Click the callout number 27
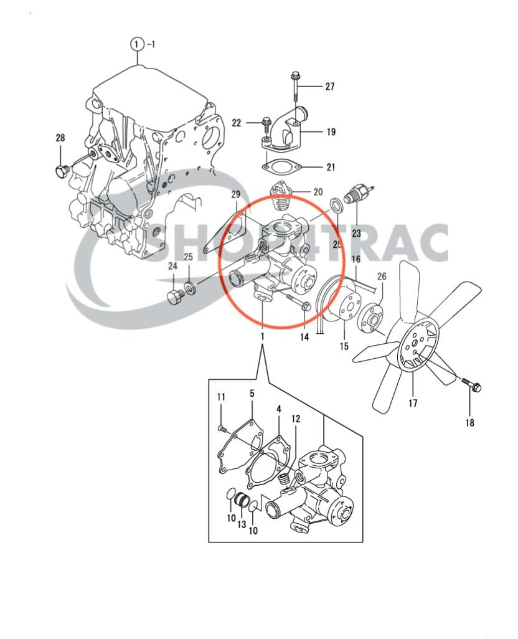click(329, 86)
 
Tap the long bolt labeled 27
click(294, 87)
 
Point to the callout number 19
click(331, 131)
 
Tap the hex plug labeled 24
click(174, 295)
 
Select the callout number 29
click(235, 195)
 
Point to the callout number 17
click(413, 403)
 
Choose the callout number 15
click(344, 346)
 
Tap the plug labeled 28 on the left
click(61, 169)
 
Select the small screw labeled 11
click(222, 427)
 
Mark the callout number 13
click(241, 524)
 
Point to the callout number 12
click(295, 419)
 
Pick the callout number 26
click(382, 276)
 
